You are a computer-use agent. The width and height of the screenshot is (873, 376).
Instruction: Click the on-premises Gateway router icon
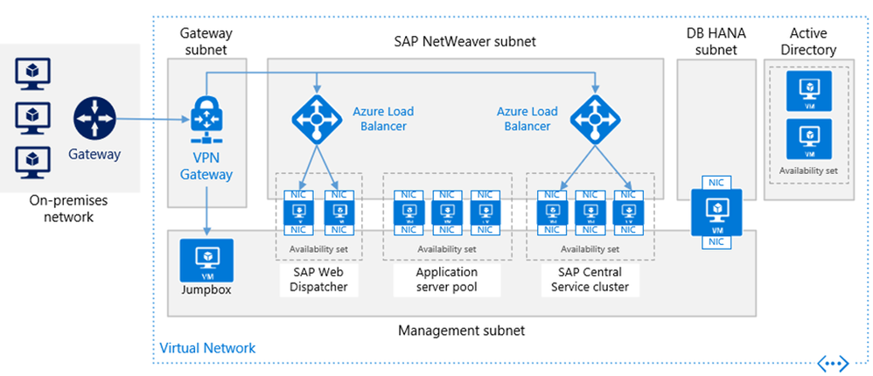(x=94, y=119)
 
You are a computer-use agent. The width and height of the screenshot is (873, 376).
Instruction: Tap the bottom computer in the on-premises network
(x=32, y=161)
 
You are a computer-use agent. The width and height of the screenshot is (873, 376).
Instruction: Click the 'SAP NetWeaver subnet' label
(x=464, y=41)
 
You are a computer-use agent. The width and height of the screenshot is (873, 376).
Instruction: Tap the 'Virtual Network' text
(x=207, y=348)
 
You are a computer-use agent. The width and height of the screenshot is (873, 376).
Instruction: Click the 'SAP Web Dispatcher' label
(x=317, y=279)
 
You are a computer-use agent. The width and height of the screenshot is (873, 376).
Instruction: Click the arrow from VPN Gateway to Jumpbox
(x=206, y=210)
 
